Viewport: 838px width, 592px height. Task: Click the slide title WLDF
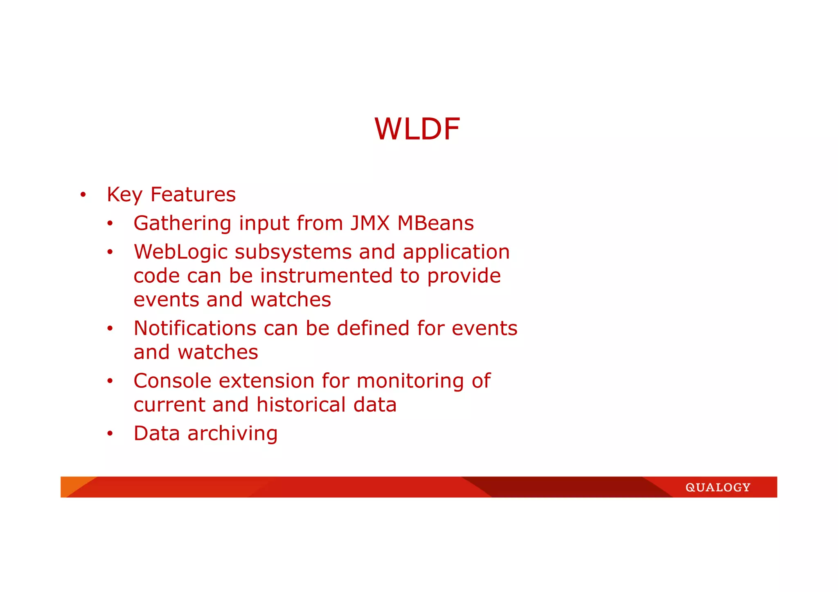[417, 129]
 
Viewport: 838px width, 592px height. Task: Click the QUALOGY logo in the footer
[718, 487]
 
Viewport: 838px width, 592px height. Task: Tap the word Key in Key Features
[124, 195]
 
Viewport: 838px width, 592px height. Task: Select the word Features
[193, 194]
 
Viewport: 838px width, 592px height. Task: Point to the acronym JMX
[370, 223]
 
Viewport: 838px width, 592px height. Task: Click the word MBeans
[435, 223]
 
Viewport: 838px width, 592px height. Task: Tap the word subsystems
[293, 252]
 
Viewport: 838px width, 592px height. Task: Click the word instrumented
[326, 276]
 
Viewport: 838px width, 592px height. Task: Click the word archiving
[232, 434]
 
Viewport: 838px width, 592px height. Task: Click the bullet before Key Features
[83, 195]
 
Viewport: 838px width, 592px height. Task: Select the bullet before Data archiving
[110, 434]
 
